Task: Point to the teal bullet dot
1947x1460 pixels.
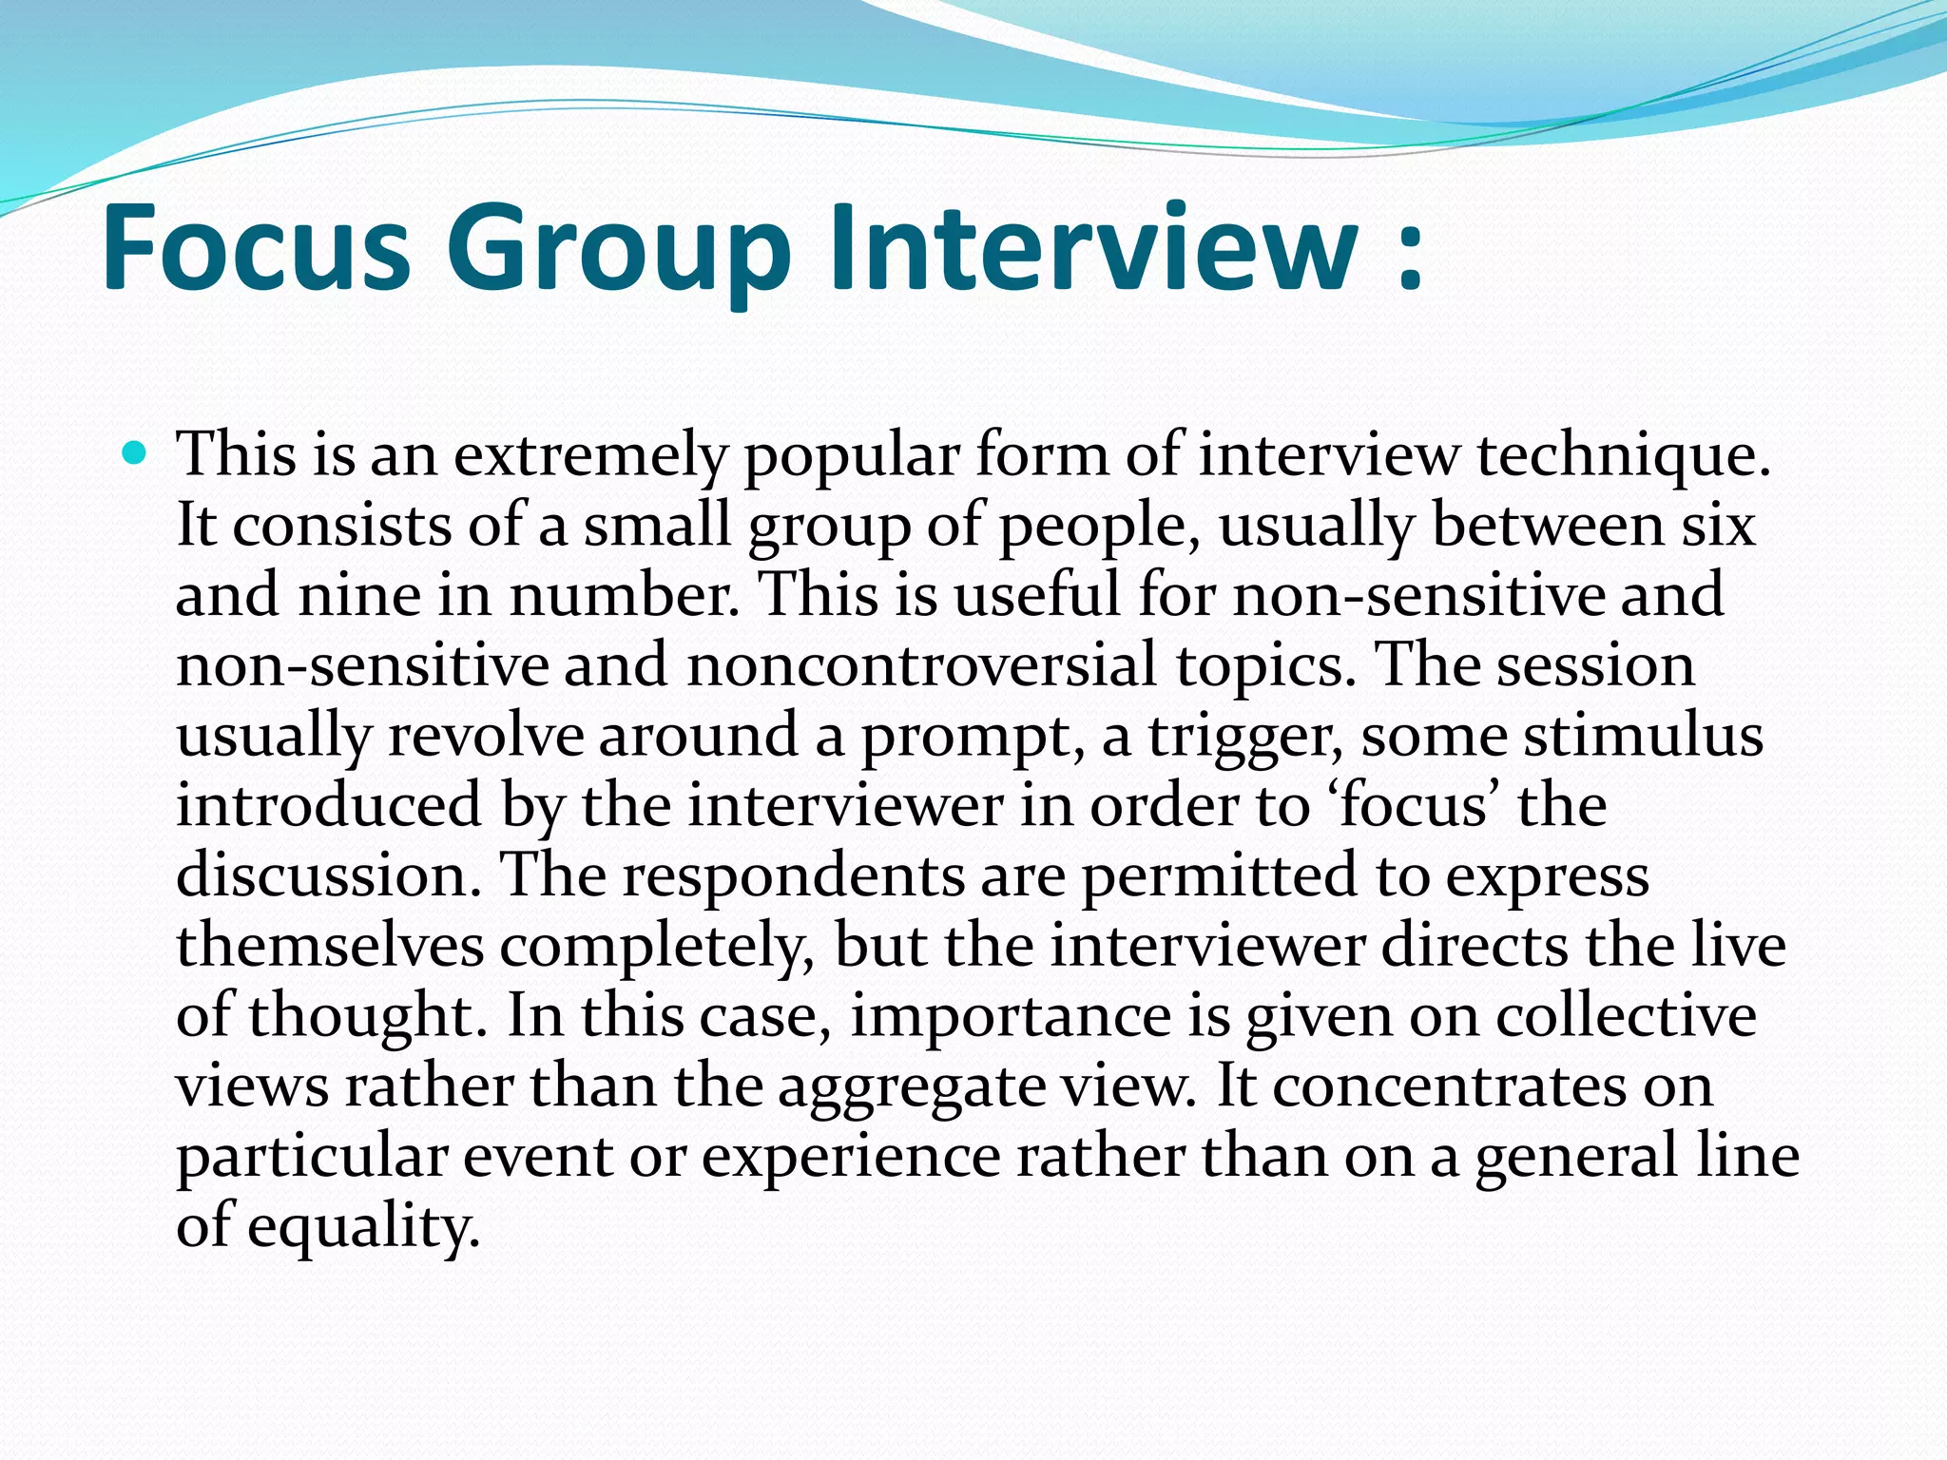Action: (136, 453)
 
